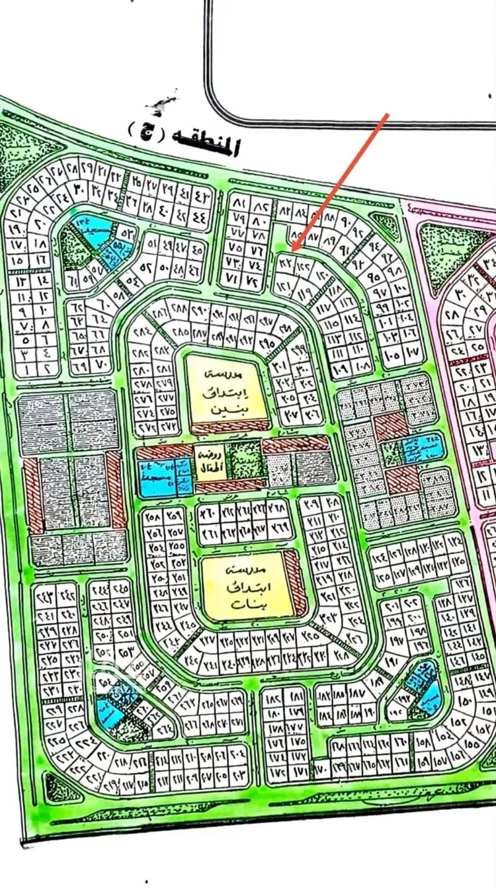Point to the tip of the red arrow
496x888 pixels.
[x=293, y=251]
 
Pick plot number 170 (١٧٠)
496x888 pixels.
[x=322, y=770]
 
